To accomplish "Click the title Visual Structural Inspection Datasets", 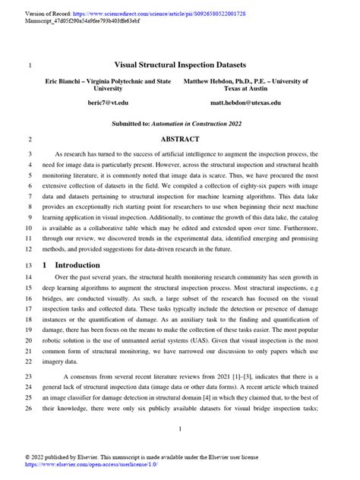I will coord(180,65).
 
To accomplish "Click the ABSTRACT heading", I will coord(180,139).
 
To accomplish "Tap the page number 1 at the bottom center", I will coord(180,429).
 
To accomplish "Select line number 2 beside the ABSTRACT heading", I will coord(29,140).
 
